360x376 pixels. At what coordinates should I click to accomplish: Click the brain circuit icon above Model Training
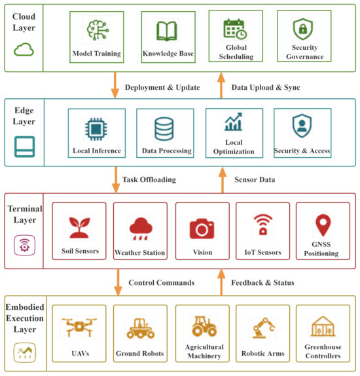(x=98, y=29)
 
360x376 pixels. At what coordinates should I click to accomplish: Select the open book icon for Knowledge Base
(x=167, y=31)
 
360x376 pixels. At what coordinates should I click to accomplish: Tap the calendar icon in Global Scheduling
(x=235, y=29)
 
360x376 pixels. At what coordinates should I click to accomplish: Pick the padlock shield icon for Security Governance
(x=303, y=29)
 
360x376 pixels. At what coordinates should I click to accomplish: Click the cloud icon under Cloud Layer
(x=24, y=49)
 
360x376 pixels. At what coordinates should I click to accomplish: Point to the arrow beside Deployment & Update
(x=115, y=85)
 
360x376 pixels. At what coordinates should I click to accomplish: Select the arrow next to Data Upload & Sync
(x=221, y=85)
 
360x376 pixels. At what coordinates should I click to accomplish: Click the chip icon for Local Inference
(x=96, y=129)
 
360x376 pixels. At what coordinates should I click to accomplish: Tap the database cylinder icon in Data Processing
(x=164, y=129)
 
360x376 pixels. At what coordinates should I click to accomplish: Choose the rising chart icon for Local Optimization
(x=233, y=122)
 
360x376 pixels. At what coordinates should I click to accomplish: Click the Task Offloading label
(x=149, y=179)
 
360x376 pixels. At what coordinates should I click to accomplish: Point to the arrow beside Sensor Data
(x=223, y=180)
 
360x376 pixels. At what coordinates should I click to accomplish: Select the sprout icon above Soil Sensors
(x=79, y=227)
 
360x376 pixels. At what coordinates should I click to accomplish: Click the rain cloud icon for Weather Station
(x=141, y=229)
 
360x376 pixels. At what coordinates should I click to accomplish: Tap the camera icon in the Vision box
(x=202, y=229)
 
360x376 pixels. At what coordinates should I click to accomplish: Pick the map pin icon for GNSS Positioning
(x=323, y=225)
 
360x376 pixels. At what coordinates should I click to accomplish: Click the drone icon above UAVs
(x=79, y=327)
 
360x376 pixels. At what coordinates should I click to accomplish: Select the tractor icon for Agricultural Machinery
(x=204, y=326)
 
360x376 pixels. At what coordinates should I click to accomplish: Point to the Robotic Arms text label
(x=263, y=354)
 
